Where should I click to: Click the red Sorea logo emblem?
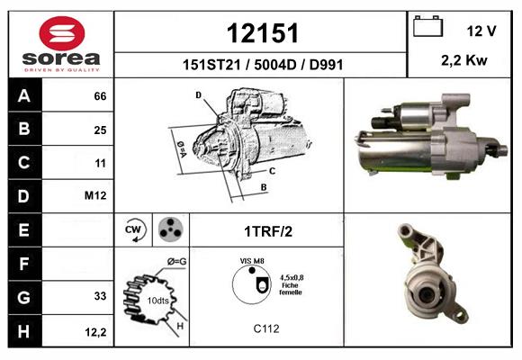coord(62,33)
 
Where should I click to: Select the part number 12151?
coord(262,33)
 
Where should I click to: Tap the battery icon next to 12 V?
coord(427,26)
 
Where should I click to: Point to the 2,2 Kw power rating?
coord(464,60)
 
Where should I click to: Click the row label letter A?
coord(24,96)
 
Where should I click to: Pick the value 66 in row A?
coord(100,96)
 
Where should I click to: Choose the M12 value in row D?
coord(95,195)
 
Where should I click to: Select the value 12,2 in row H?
coord(95,332)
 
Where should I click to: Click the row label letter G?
coord(24,297)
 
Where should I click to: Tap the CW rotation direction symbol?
coord(133,229)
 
